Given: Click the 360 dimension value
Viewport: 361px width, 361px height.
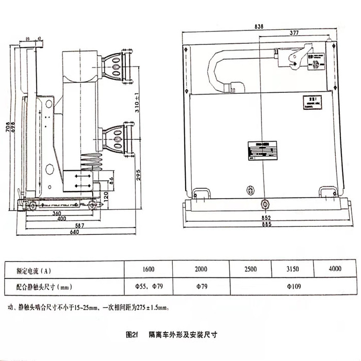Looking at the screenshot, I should (x=57, y=213).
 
